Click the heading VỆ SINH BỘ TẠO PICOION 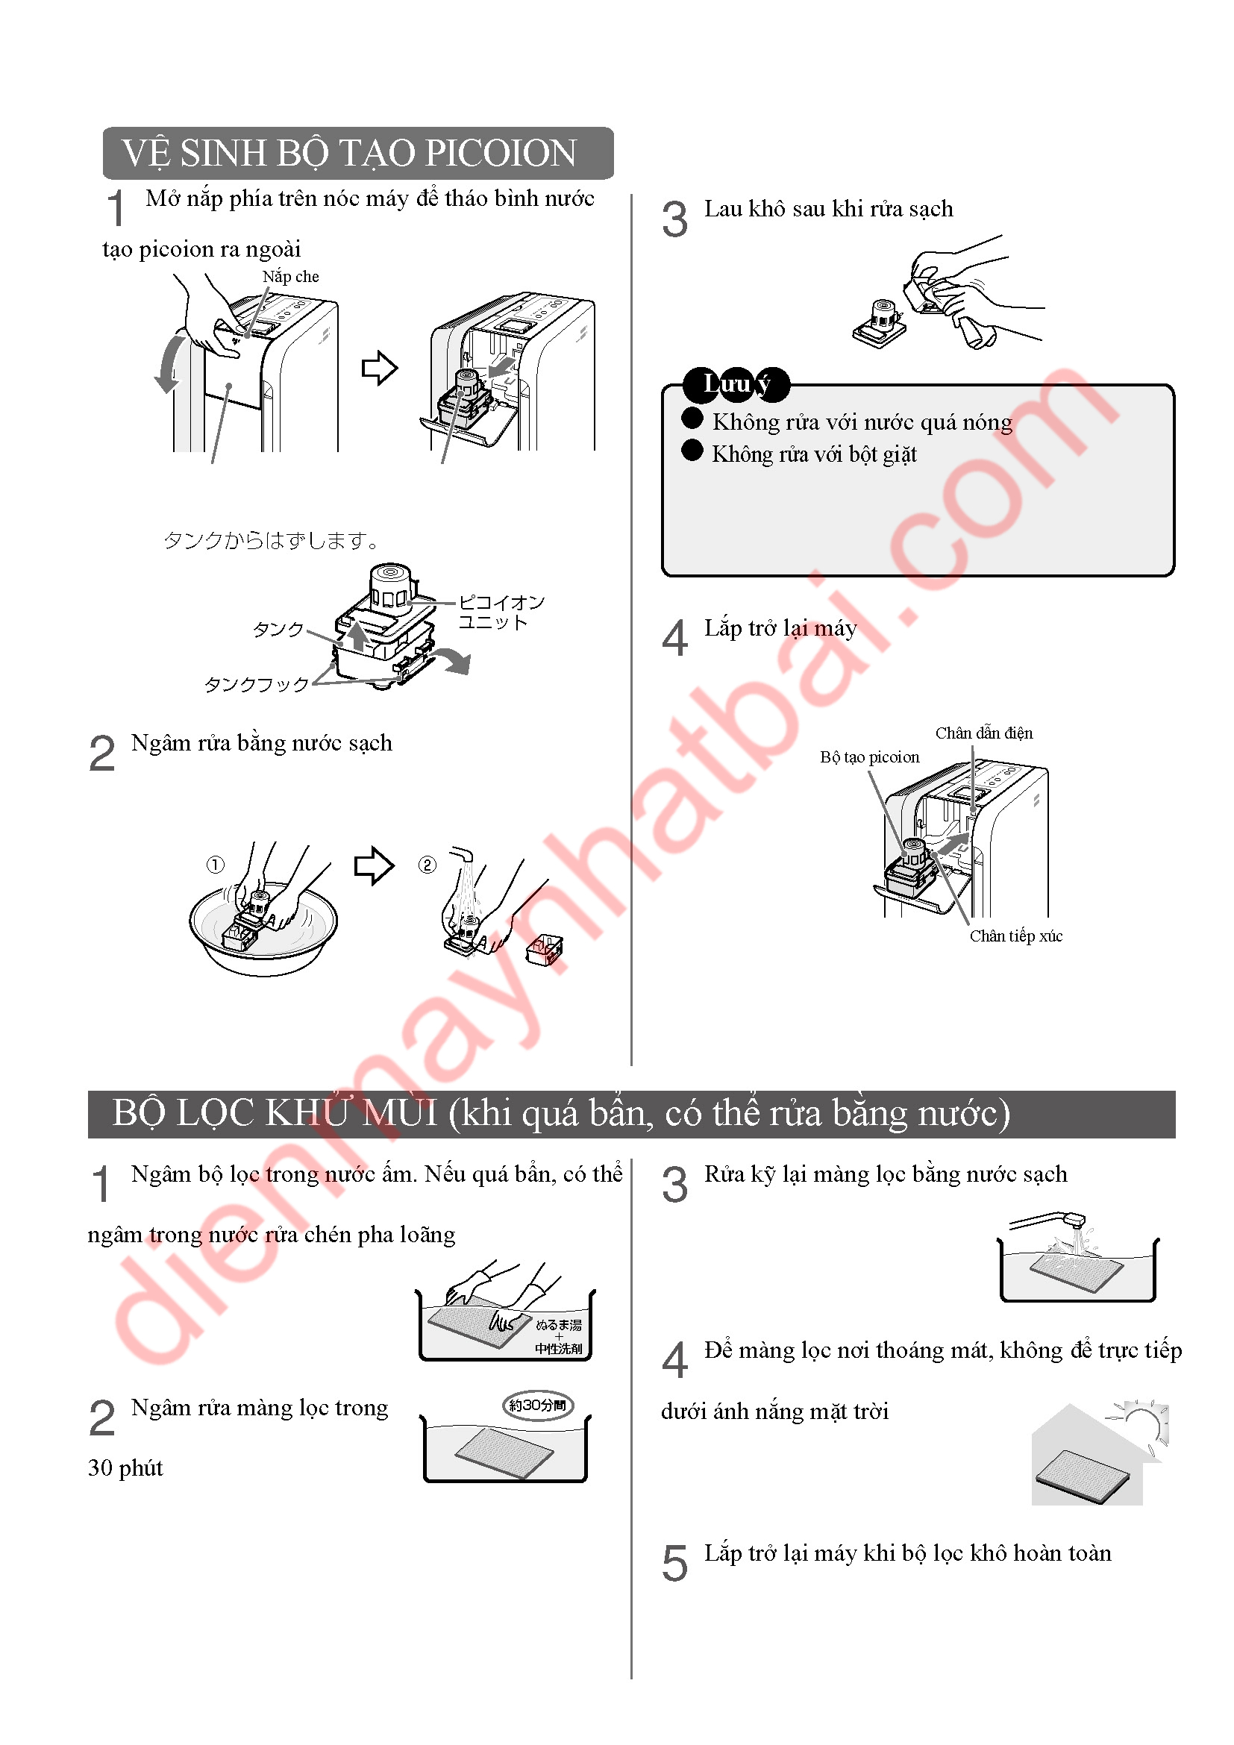pos(349,153)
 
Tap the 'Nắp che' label pos(291,277)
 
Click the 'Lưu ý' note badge pos(736,384)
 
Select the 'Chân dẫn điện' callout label pos(984,733)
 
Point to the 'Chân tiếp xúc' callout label pos(1016,936)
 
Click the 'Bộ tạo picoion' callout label pos(870,757)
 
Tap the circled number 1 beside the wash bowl pos(216,865)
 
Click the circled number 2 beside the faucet pos(427,865)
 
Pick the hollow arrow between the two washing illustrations pos(375,865)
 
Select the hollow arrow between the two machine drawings pos(379,369)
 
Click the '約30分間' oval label pos(538,1406)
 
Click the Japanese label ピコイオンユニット pos(501,612)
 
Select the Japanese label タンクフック pos(257,685)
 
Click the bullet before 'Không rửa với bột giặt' pos(692,450)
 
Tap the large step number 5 pos(674,1564)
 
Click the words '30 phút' pos(125,1467)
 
